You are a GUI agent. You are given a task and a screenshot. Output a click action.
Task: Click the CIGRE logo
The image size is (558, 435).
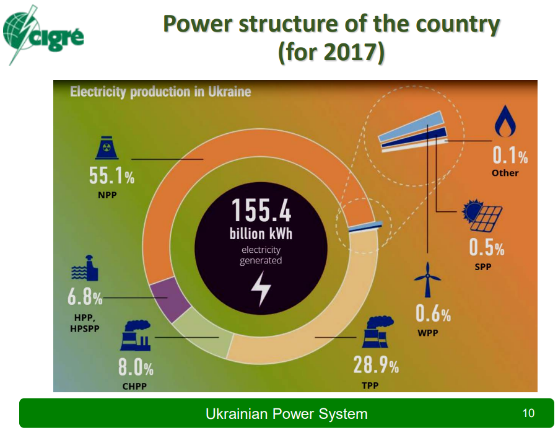tap(43, 35)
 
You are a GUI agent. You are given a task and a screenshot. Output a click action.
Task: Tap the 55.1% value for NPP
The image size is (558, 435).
tap(111, 175)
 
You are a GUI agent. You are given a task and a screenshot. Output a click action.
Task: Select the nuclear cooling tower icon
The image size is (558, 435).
tap(107, 147)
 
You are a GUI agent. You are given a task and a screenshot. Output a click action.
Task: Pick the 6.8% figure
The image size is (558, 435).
tap(85, 297)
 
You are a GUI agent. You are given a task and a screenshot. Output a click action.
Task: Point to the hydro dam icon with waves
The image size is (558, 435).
tap(85, 268)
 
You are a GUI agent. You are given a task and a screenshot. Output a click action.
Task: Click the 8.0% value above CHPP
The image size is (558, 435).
tap(136, 367)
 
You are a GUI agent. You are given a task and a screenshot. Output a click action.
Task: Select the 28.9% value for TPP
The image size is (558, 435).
tap(376, 365)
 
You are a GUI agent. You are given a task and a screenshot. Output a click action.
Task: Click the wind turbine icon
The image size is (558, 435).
tap(427, 280)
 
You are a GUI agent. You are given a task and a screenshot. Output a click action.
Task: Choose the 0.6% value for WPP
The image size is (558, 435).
tap(433, 314)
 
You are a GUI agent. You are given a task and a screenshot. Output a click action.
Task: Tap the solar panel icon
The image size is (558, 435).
tap(482, 216)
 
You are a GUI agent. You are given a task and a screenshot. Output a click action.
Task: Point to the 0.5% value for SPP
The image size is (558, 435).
tap(487, 247)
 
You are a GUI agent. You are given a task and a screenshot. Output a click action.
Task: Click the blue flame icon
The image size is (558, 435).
tap(505, 121)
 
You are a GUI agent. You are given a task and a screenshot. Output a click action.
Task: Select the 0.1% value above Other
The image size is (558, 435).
tap(510, 155)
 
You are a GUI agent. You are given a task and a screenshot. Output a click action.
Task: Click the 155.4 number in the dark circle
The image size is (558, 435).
tap(261, 211)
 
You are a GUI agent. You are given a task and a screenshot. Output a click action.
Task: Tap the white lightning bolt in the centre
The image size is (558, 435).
tap(261, 289)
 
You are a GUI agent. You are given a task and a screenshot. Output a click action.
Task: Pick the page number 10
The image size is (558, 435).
tap(528, 413)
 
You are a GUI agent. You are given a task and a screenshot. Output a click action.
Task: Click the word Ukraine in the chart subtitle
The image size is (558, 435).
tap(230, 92)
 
